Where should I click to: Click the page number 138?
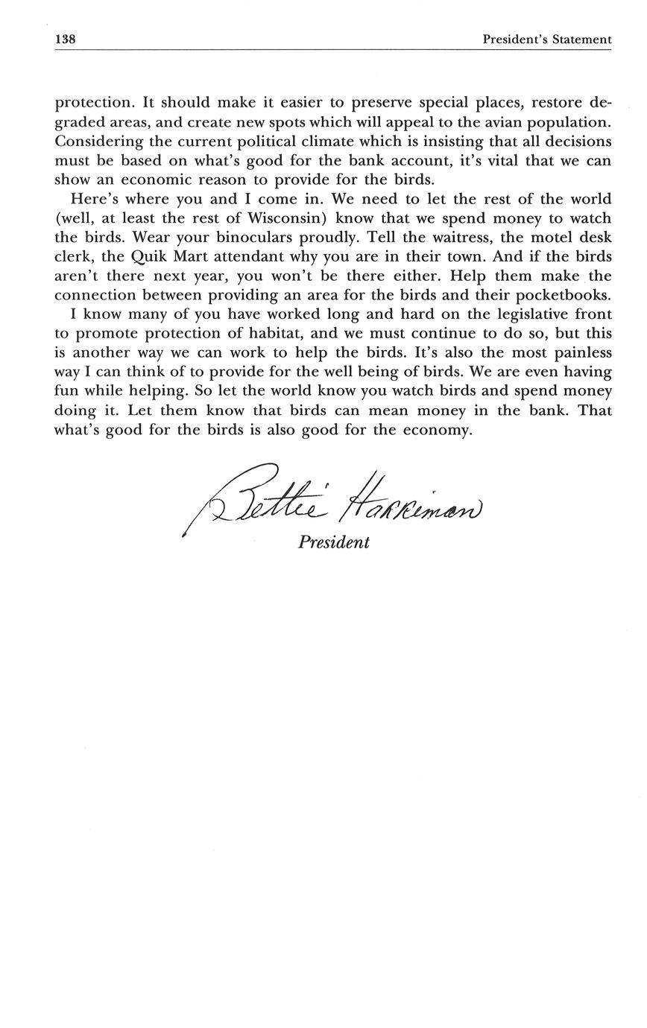65,39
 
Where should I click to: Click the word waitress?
456,238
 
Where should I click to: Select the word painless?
579,352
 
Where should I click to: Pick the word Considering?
98,142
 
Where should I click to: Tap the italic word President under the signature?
334,542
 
